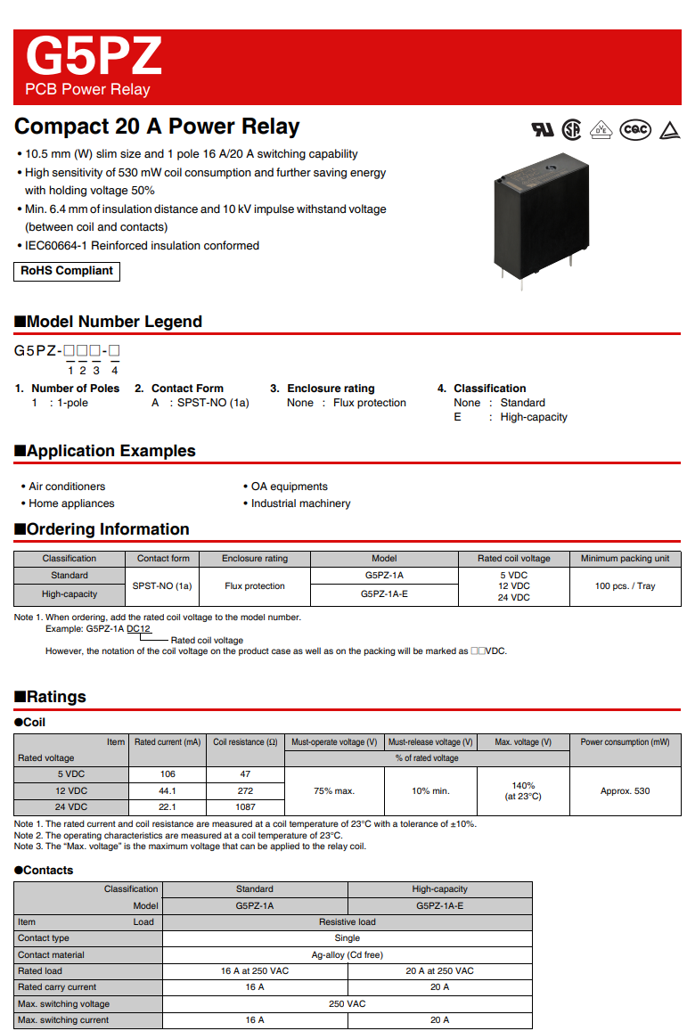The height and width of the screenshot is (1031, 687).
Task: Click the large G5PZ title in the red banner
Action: pyautogui.click(x=94, y=56)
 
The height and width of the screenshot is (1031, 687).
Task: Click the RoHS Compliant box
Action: pyautogui.click(x=67, y=271)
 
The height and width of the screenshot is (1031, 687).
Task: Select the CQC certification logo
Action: pyautogui.click(x=635, y=129)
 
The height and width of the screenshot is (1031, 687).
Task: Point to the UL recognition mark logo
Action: pyautogui.click(x=542, y=130)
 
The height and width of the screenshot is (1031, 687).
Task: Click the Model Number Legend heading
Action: pyautogui.click(x=108, y=322)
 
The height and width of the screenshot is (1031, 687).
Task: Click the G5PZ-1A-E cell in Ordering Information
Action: pyautogui.click(x=384, y=593)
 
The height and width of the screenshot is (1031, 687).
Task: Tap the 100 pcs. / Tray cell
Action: pyautogui.click(x=625, y=586)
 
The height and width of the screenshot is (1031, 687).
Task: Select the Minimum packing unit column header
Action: pyautogui.click(x=625, y=559)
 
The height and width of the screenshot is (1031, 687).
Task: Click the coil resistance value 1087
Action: pyautogui.click(x=245, y=806)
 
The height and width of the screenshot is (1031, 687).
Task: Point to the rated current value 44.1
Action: pyautogui.click(x=168, y=790)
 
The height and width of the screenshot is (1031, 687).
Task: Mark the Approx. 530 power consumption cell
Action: pyautogui.click(x=625, y=791)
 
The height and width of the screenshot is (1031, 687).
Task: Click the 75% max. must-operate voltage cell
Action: pyautogui.click(x=334, y=791)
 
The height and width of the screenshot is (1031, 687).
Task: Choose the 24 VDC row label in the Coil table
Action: pyautogui.click(x=71, y=806)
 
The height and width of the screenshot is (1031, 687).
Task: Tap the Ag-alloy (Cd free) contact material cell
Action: pyautogui.click(x=348, y=954)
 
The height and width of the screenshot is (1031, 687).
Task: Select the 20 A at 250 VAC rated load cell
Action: pyautogui.click(x=439, y=971)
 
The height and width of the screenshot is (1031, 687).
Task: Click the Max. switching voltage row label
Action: pyautogui.click(x=64, y=1004)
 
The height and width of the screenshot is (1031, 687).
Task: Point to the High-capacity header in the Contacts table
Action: pyautogui.click(x=439, y=889)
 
